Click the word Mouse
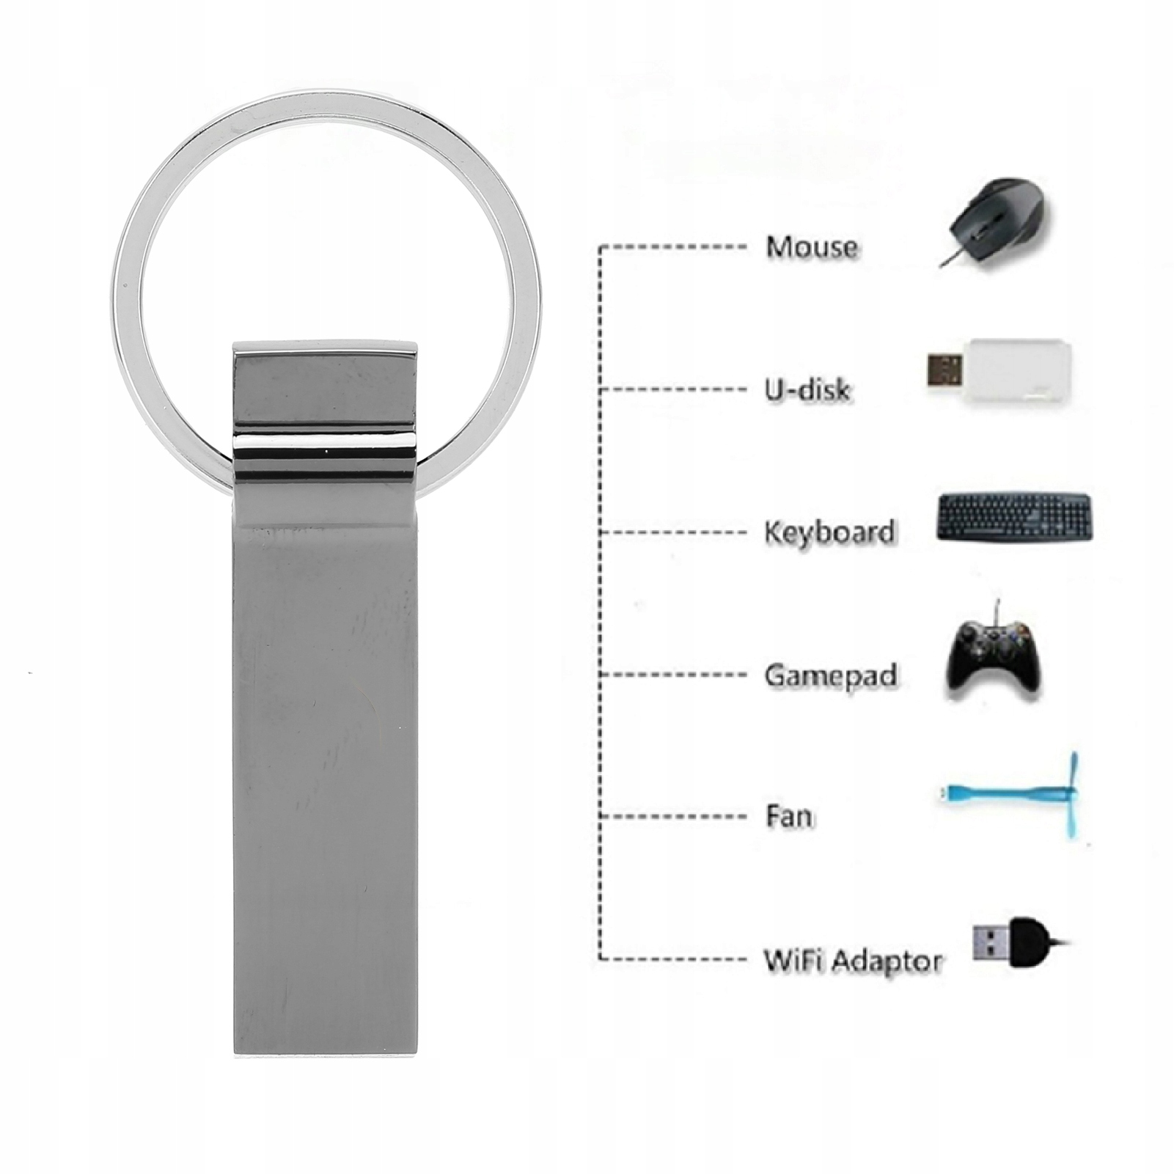(811, 246)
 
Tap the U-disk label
(807, 389)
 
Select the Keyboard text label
(829, 532)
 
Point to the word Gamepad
(830, 675)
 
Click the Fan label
(788, 816)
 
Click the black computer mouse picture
(997, 217)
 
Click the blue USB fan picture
(1012, 795)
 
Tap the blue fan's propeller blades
(1073, 795)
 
